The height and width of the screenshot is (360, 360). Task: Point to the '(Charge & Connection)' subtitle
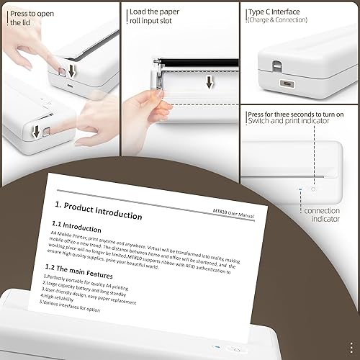point(277,20)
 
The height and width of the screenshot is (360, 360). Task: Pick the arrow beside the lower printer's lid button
point(36,132)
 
